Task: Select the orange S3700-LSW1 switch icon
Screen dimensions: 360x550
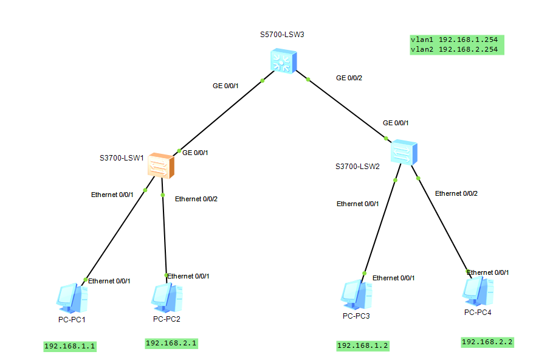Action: coord(161,165)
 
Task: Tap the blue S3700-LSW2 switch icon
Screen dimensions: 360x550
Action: coord(404,152)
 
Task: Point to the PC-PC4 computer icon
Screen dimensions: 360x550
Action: coord(478,291)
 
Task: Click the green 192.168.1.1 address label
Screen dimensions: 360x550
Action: coord(70,347)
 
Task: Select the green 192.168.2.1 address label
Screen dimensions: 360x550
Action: coord(171,343)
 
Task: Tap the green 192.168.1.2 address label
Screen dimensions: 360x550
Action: coord(363,346)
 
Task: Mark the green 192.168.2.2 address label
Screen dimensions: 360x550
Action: coord(487,342)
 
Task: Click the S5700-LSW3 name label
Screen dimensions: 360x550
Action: coord(282,34)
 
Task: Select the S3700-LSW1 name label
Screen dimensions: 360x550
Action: coord(122,157)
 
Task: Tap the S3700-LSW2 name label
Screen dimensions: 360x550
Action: coord(357,166)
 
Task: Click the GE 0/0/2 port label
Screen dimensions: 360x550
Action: coord(349,78)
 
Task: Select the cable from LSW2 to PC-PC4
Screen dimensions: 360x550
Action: coord(442,223)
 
